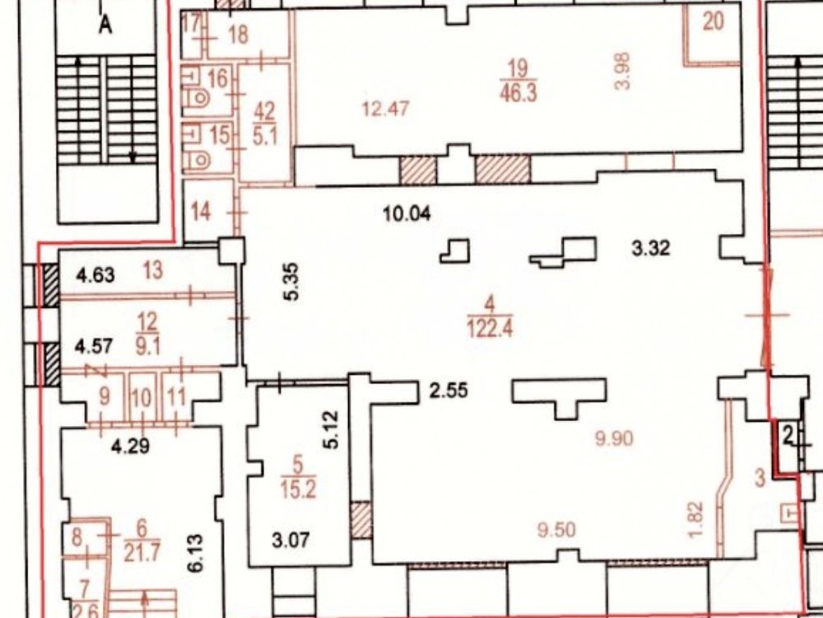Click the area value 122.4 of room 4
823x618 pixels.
pos(490,329)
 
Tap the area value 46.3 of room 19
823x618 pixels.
pos(518,92)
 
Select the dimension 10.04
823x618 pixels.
pos(407,214)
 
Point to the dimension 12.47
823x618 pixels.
pos(386,110)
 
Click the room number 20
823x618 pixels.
pos(713,21)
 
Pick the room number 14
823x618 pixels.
pos(201,212)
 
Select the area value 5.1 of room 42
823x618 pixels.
pos(265,137)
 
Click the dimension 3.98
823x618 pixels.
pos(622,72)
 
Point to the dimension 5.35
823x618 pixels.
pos(292,281)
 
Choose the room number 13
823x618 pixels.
pos(153,270)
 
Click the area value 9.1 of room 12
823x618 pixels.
pos(147,347)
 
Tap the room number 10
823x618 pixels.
pos(142,398)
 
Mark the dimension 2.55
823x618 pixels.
pos(449,391)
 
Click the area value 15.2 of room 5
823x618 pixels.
pos(298,489)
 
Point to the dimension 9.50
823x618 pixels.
pos(556,530)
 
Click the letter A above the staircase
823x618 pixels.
pos(105,24)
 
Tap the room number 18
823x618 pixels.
pos(239,35)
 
